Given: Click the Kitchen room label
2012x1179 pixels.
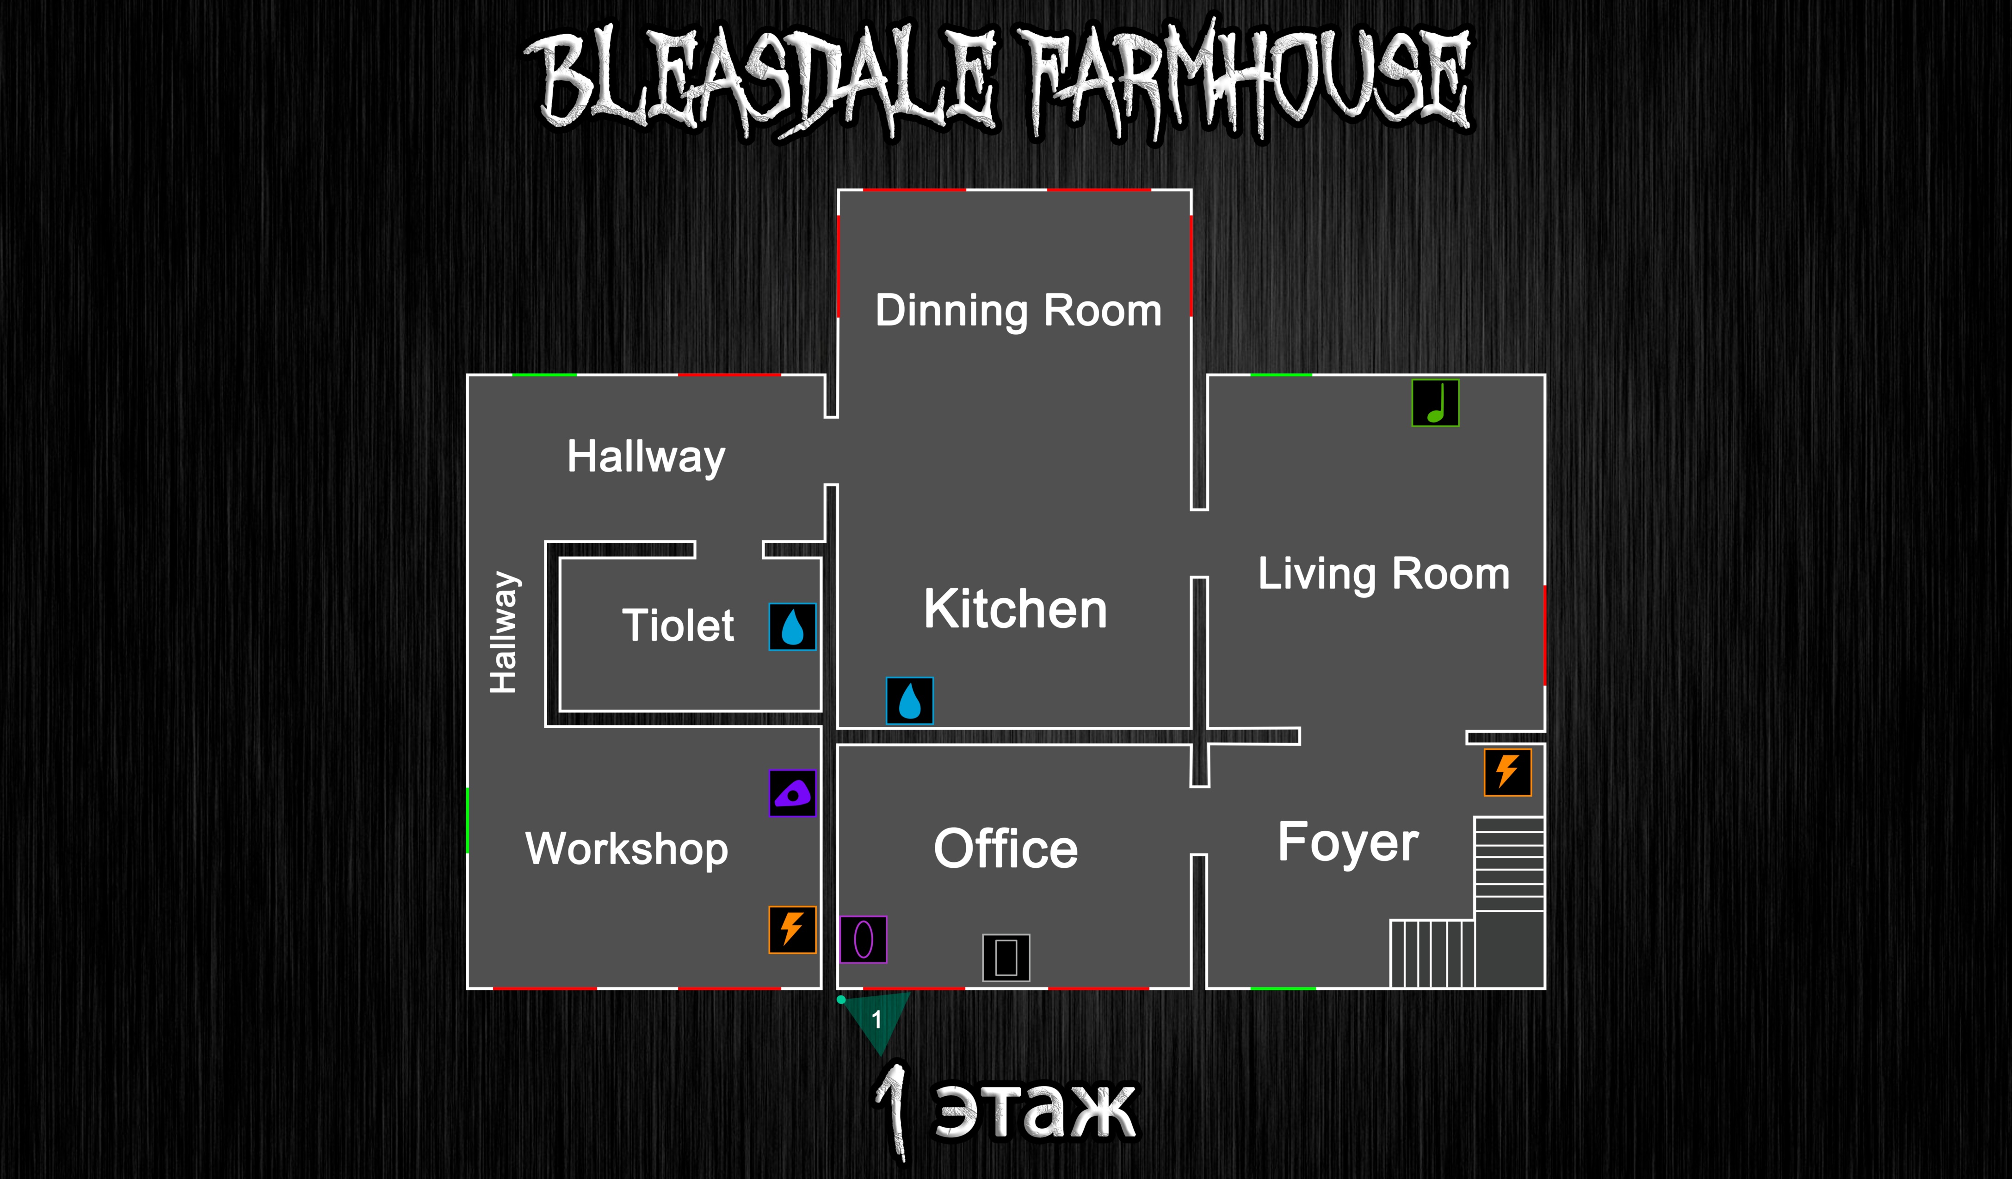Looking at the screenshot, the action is pyautogui.click(x=1016, y=609).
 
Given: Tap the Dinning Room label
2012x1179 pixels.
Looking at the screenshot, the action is pyautogui.click(x=1018, y=311).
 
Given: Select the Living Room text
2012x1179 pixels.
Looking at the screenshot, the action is pyautogui.click(x=1383, y=574).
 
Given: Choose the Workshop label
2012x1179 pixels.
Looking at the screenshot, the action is pyautogui.click(x=627, y=849).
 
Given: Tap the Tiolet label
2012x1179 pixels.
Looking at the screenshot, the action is pyautogui.click(x=678, y=625).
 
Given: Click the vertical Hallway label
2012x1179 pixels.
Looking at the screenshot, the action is pyautogui.click(x=504, y=632).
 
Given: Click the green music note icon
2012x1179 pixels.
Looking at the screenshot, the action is pyautogui.click(x=1435, y=403).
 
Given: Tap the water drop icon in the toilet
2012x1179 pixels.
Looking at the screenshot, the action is pyautogui.click(x=792, y=626).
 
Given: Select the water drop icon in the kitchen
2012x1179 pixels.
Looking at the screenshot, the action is pyautogui.click(x=909, y=701).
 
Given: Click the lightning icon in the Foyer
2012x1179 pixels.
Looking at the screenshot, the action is pyautogui.click(x=1507, y=772).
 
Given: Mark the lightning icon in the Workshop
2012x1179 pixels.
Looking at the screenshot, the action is pyautogui.click(x=792, y=930).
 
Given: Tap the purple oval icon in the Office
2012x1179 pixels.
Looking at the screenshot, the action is pyautogui.click(x=863, y=940).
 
